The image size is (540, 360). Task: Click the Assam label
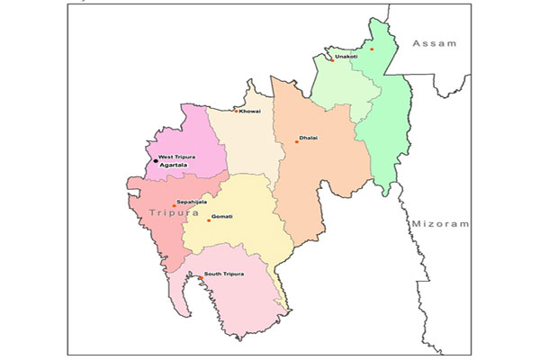click(435, 43)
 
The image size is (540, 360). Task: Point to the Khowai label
click(251, 111)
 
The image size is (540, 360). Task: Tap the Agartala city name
click(174, 166)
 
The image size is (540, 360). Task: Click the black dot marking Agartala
click(154, 162)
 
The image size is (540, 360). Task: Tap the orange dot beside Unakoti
click(332, 60)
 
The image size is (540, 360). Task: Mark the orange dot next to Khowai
click(237, 112)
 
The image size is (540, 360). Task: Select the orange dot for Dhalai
click(296, 142)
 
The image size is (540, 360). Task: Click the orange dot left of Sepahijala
click(174, 206)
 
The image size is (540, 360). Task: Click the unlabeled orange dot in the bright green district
click(371, 49)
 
